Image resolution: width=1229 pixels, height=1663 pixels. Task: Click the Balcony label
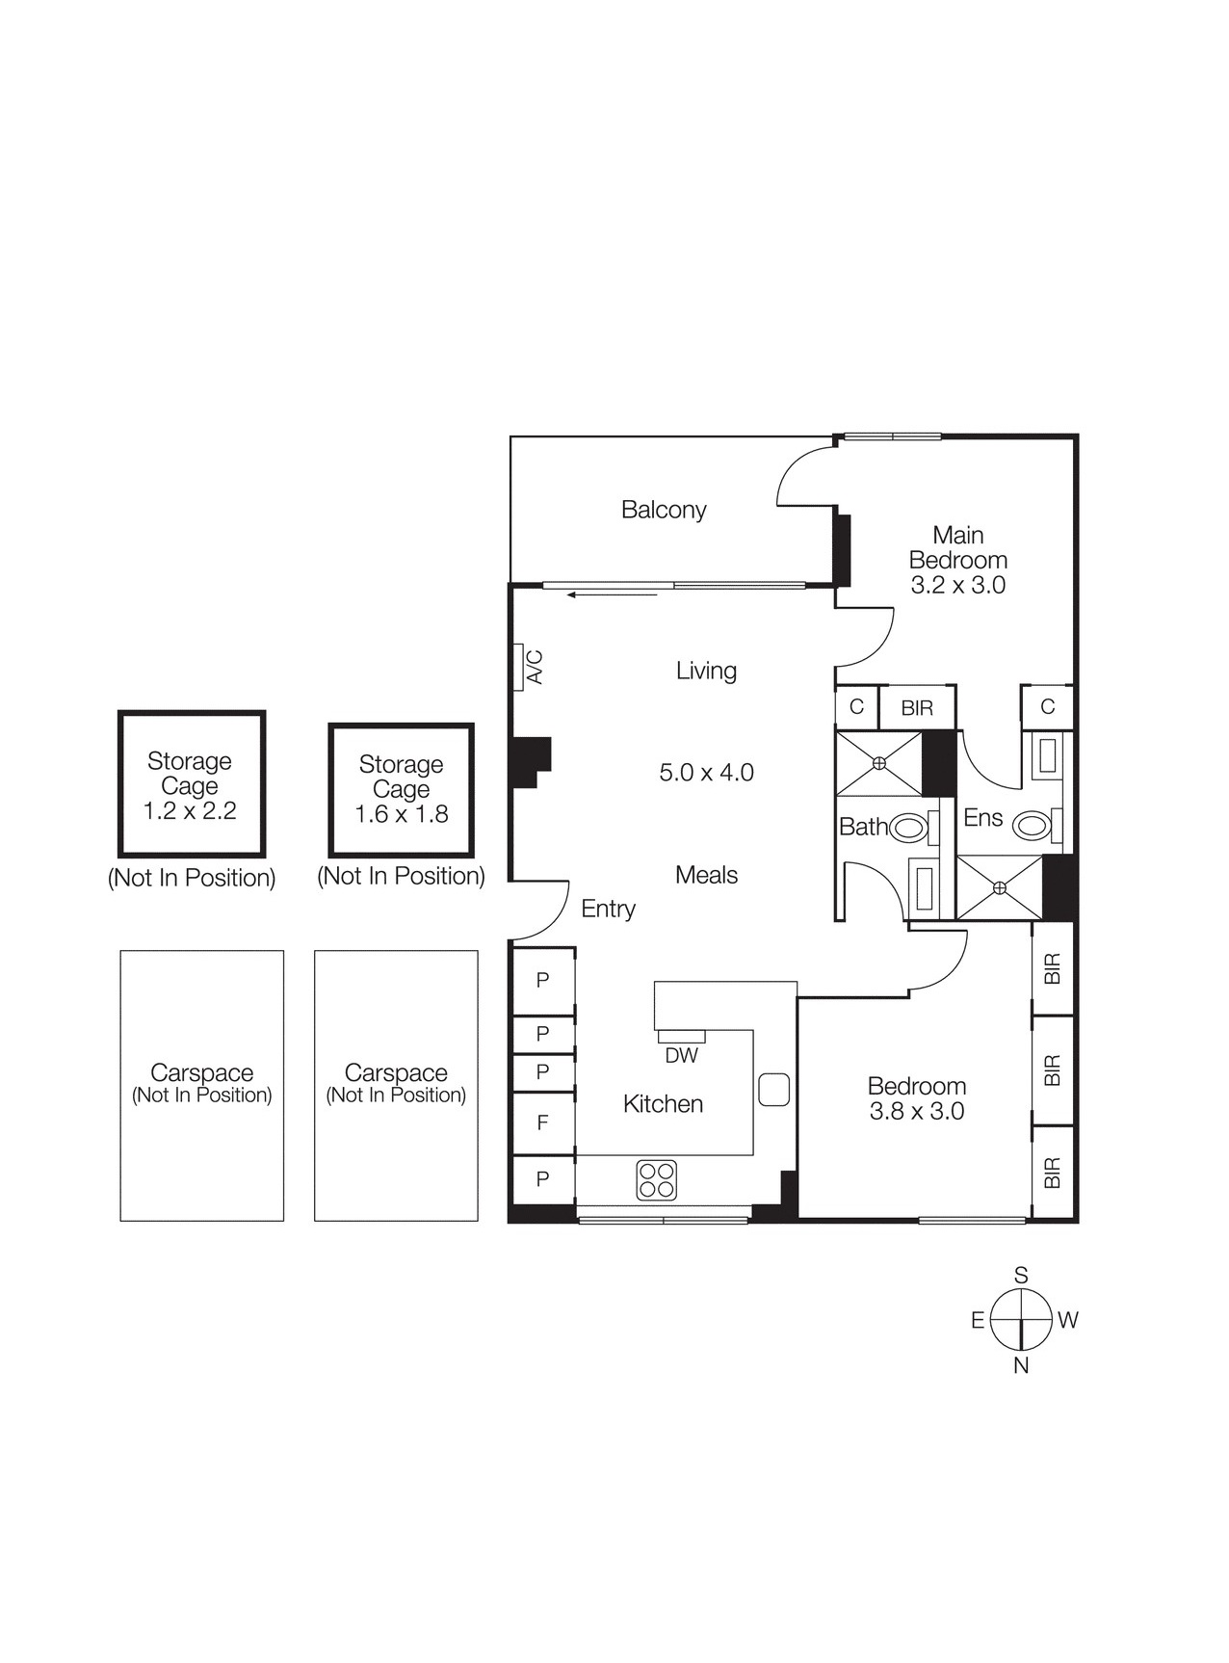pyautogui.click(x=664, y=510)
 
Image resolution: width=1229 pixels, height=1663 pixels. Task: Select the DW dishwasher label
pyautogui.click(x=681, y=1055)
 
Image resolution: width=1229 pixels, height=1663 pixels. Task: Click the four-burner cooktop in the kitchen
pyautogui.click(x=656, y=1179)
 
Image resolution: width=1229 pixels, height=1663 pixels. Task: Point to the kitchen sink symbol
pyautogui.click(x=773, y=1089)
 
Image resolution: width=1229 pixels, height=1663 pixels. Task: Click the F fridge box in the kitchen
pyautogui.click(x=542, y=1122)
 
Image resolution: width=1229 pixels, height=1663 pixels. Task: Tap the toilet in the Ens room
pyautogui.click(x=1033, y=826)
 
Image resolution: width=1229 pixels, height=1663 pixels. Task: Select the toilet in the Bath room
pyautogui.click(x=907, y=828)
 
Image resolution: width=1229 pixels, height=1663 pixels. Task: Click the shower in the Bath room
pyautogui.click(x=878, y=763)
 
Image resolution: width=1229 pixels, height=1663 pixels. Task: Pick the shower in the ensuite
pyautogui.click(x=1000, y=886)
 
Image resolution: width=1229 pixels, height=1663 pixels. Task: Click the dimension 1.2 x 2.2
pyautogui.click(x=190, y=811)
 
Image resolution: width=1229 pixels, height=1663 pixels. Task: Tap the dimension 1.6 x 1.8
pyautogui.click(x=401, y=814)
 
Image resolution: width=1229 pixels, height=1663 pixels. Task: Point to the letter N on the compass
pyautogui.click(x=1021, y=1365)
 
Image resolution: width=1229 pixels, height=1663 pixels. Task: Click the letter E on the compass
pyautogui.click(x=977, y=1320)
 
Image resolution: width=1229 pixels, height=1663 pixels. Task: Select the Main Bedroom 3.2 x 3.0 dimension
pyautogui.click(x=957, y=585)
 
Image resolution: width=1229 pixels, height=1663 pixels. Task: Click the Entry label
pyautogui.click(x=608, y=909)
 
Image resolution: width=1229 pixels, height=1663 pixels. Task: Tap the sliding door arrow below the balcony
pyautogui.click(x=613, y=595)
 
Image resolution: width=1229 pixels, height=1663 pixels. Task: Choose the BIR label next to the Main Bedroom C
pyautogui.click(x=916, y=708)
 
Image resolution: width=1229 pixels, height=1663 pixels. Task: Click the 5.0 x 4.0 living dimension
pyautogui.click(x=706, y=773)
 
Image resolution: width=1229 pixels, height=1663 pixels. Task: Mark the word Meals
pyautogui.click(x=706, y=875)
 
